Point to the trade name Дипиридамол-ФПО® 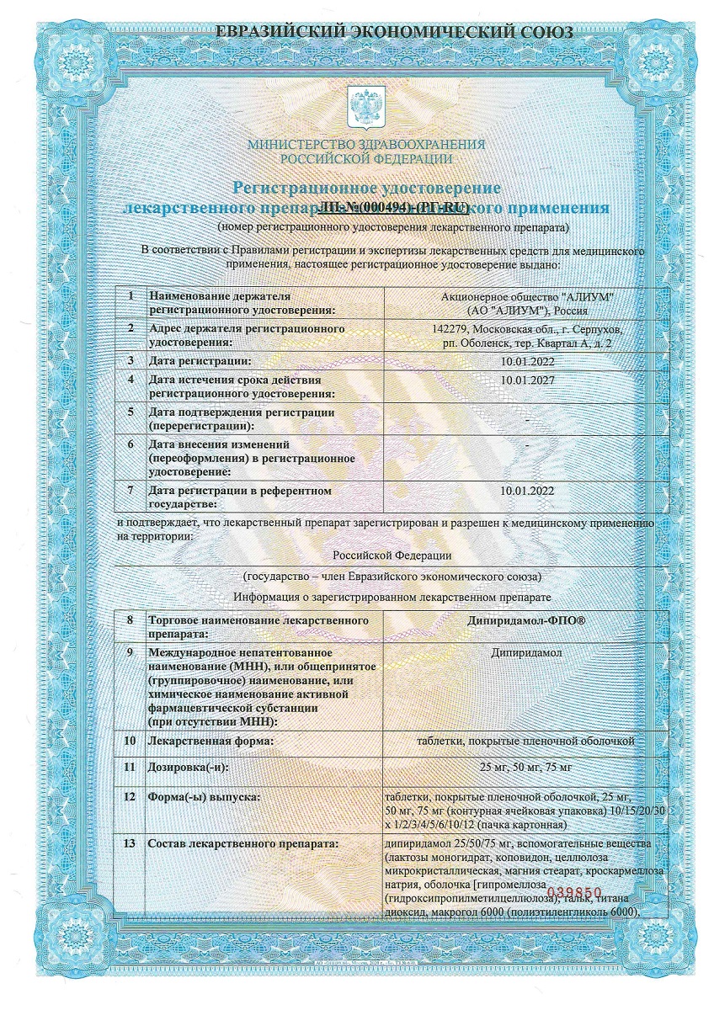point(526,620)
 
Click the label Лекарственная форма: point(210,741)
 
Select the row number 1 point(130,296)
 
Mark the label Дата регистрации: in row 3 point(200,361)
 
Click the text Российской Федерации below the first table point(392,555)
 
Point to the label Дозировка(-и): point(188,768)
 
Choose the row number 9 point(130,651)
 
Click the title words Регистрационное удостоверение point(366,187)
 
